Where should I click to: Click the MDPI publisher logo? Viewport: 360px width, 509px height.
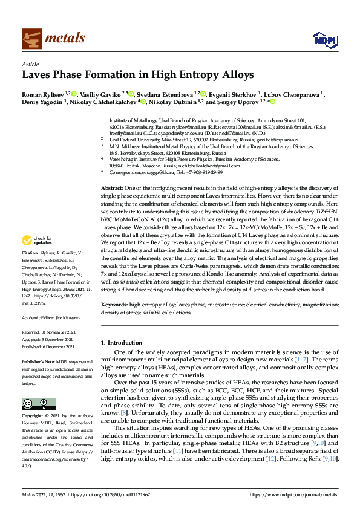(323, 40)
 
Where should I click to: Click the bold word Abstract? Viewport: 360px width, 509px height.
(113, 172)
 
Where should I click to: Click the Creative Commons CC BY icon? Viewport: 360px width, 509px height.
(31, 403)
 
